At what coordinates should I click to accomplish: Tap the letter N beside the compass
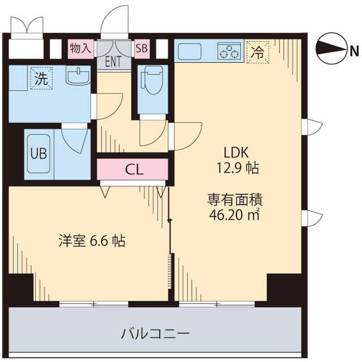pos(354,51)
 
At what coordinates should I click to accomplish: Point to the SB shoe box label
pos(141,48)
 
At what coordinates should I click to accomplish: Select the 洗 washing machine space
pos(40,80)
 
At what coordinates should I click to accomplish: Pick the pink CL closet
pos(133,169)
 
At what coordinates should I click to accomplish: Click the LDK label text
pos(236,152)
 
